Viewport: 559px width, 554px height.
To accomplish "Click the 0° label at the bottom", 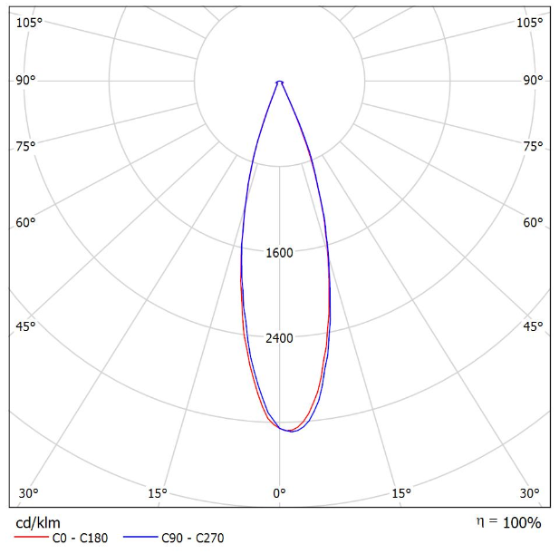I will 279,493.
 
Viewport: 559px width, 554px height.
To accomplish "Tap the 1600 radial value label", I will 279,253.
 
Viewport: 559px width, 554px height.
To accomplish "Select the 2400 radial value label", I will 279,338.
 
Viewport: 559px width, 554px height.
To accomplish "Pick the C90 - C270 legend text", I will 192,539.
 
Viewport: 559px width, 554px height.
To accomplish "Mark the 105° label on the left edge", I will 30,22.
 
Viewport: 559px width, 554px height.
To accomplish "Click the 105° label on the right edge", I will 529,22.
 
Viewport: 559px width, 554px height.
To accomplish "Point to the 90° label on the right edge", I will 533,80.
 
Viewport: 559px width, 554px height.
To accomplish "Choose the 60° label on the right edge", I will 533,222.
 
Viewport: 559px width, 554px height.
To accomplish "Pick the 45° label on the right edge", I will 533,326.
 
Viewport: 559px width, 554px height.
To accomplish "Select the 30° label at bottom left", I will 28,493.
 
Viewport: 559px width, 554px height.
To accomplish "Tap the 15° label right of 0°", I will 401,493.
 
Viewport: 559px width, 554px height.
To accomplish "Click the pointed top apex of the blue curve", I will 279,82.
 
